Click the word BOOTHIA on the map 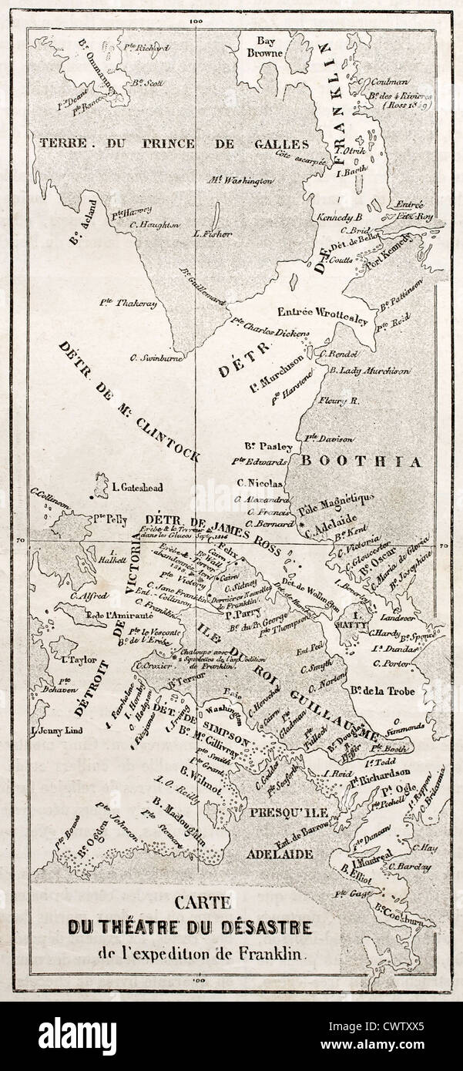[x=361, y=462]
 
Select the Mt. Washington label [x=240, y=180]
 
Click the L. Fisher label [x=213, y=233]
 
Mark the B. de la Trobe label [x=382, y=690]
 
